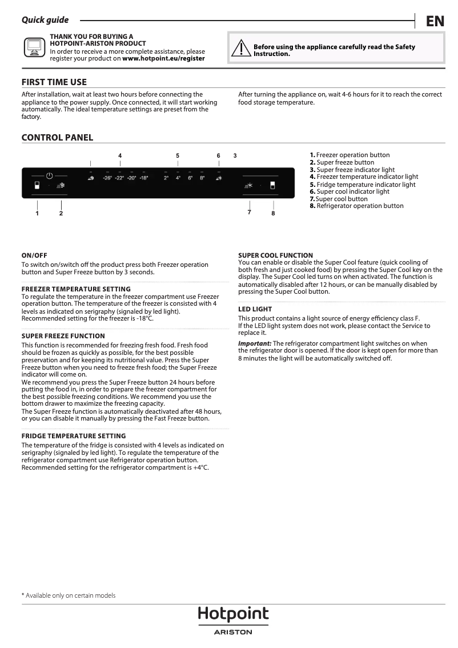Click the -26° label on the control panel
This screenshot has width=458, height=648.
[x=107, y=178]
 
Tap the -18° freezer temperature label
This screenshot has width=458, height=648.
[x=143, y=178]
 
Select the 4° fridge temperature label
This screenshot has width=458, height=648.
[x=178, y=178]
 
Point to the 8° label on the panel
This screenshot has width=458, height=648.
[x=202, y=178]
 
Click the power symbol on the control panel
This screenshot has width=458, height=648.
[x=50, y=175]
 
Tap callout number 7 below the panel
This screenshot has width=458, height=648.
[x=250, y=212]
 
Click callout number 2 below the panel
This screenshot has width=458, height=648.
[x=61, y=213]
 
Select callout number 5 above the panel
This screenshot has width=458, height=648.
[x=178, y=155]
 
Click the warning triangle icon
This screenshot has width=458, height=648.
[x=241, y=49]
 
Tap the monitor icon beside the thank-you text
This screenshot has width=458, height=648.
[x=34, y=47]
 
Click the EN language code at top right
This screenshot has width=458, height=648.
[x=435, y=22]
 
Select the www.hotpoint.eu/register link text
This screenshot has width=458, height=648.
[x=163, y=58]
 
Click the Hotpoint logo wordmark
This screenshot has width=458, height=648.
[x=233, y=615]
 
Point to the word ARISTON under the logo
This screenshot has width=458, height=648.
[x=233, y=632]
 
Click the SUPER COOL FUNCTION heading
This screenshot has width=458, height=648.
[x=275, y=255]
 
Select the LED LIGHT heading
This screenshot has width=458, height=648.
[x=255, y=309]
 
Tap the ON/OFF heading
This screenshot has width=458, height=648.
[x=34, y=255]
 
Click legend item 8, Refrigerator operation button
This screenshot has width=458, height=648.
[x=357, y=206]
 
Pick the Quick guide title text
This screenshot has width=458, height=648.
[x=45, y=20]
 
